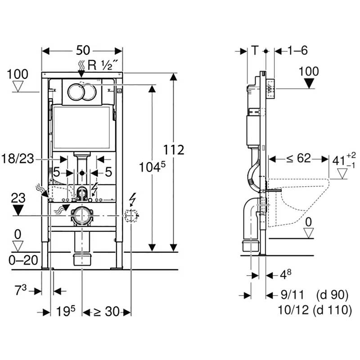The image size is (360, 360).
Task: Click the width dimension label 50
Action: tap(82, 50)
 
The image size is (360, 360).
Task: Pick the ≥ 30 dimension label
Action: tap(106, 311)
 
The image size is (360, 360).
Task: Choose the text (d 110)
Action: tap(333, 310)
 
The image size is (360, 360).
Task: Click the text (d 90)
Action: tap(333, 295)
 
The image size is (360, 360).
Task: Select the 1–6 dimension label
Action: tap(297, 50)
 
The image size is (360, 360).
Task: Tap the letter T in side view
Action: tap(255, 50)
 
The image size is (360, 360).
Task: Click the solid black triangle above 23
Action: tap(18, 210)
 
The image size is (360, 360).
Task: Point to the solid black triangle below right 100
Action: tap(309, 83)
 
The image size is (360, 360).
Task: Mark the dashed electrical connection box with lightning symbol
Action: tap(131, 216)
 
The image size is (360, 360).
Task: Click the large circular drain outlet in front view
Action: tap(81, 216)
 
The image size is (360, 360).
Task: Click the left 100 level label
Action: tap(18, 74)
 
